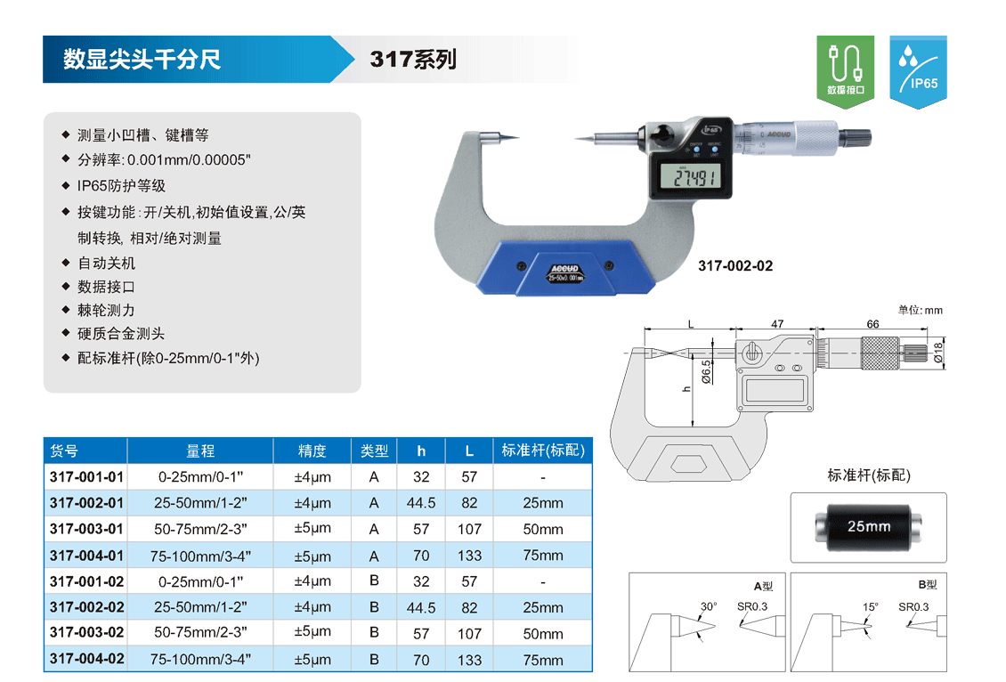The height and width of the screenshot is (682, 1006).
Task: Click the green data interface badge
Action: (x=845, y=71)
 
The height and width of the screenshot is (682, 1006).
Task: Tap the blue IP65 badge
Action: (x=918, y=71)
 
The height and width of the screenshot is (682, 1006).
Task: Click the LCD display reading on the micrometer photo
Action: (x=694, y=177)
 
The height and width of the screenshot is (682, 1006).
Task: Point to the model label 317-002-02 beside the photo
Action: (x=735, y=265)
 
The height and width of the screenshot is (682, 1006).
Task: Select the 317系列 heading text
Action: (x=413, y=59)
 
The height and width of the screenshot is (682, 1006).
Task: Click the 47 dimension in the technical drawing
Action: (x=777, y=324)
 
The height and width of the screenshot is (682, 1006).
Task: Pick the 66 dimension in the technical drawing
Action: (x=872, y=324)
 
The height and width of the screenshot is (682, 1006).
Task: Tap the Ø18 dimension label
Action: (x=938, y=353)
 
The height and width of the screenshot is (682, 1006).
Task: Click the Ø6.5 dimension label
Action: (x=706, y=371)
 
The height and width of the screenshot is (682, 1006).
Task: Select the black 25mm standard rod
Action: (x=869, y=527)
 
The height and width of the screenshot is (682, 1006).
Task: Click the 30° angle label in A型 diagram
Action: (x=709, y=606)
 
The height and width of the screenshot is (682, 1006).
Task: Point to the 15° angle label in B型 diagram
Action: (x=870, y=606)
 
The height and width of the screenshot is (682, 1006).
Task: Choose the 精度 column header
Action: (x=312, y=451)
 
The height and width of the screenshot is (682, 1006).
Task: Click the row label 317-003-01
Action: (x=86, y=529)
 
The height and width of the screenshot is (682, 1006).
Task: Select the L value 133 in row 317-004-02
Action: (x=469, y=660)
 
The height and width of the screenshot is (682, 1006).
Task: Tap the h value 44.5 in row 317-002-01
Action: (x=421, y=503)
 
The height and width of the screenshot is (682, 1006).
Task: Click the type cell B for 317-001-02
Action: (x=374, y=581)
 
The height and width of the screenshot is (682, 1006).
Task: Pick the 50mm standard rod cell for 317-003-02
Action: (x=543, y=633)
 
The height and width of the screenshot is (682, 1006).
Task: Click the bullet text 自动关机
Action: (x=107, y=263)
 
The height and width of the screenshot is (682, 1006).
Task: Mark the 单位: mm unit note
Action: (x=920, y=310)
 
